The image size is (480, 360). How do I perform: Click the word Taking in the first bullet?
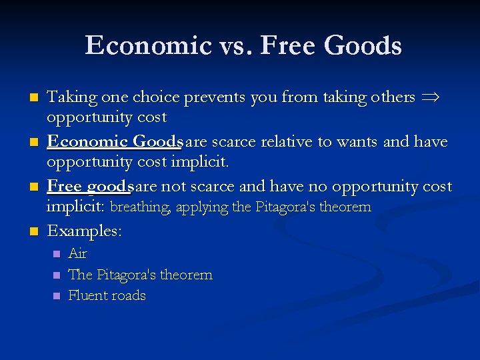click(x=70, y=97)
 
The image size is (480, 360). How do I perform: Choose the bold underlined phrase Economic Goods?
click(x=115, y=141)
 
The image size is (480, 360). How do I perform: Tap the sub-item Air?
click(x=77, y=253)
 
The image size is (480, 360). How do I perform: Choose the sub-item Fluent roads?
click(x=107, y=295)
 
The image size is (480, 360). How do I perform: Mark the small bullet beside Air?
click(x=56, y=254)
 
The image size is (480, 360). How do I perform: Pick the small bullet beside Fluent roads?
click(x=56, y=296)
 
